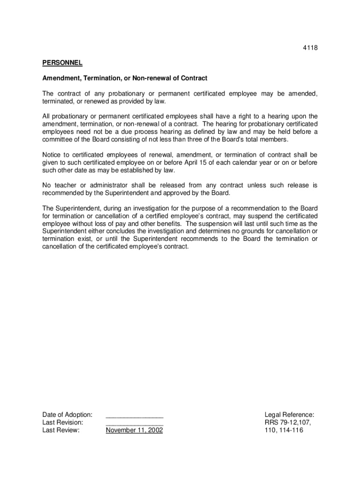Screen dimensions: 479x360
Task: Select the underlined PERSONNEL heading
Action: pos(62,63)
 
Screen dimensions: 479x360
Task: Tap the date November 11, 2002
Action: pos(134,430)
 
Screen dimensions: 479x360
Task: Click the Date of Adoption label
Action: pos(67,414)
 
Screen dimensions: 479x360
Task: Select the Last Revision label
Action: pos(63,422)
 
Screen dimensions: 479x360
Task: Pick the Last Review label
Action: pos(61,430)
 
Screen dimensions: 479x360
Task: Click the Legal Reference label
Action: pos(289,414)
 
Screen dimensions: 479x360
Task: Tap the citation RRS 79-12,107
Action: pos(288,422)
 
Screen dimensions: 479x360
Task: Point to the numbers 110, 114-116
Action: pos(284,430)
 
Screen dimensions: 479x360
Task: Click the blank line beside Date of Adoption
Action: pos(135,415)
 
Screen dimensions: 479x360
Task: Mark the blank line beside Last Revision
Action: pos(135,423)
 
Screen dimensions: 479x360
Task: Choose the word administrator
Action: pos(104,185)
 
